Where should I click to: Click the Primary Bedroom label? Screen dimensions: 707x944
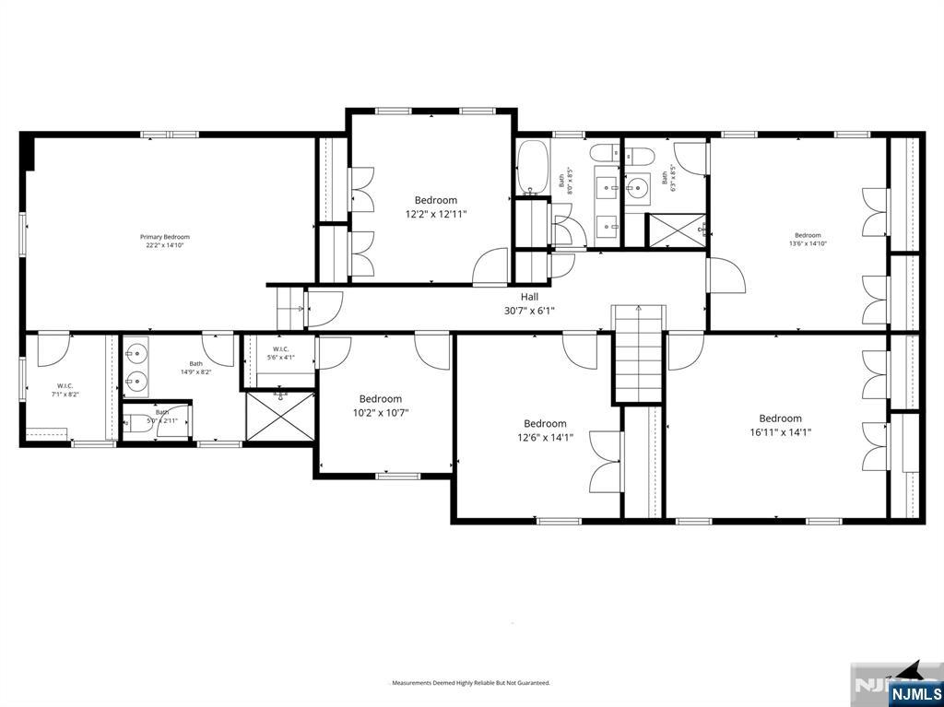click(x=164, y=237)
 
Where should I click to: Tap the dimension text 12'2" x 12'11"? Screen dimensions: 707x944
click(x=436, y=214)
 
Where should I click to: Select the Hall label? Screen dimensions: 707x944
click(x=529, y=297)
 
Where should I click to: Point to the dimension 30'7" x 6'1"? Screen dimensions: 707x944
click(x=529, y=312)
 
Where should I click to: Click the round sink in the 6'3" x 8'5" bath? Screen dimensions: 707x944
click(x=636, y=189)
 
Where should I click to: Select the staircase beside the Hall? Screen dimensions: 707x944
click(x=639, y=355)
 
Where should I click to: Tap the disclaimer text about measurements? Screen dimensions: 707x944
click(x=471, y=683)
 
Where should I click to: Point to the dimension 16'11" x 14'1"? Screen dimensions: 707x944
click(x=780, y=431)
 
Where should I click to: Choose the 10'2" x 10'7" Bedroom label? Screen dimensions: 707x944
click(x=381, y=399)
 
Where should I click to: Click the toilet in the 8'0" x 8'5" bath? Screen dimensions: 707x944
click(x=604, y=154)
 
